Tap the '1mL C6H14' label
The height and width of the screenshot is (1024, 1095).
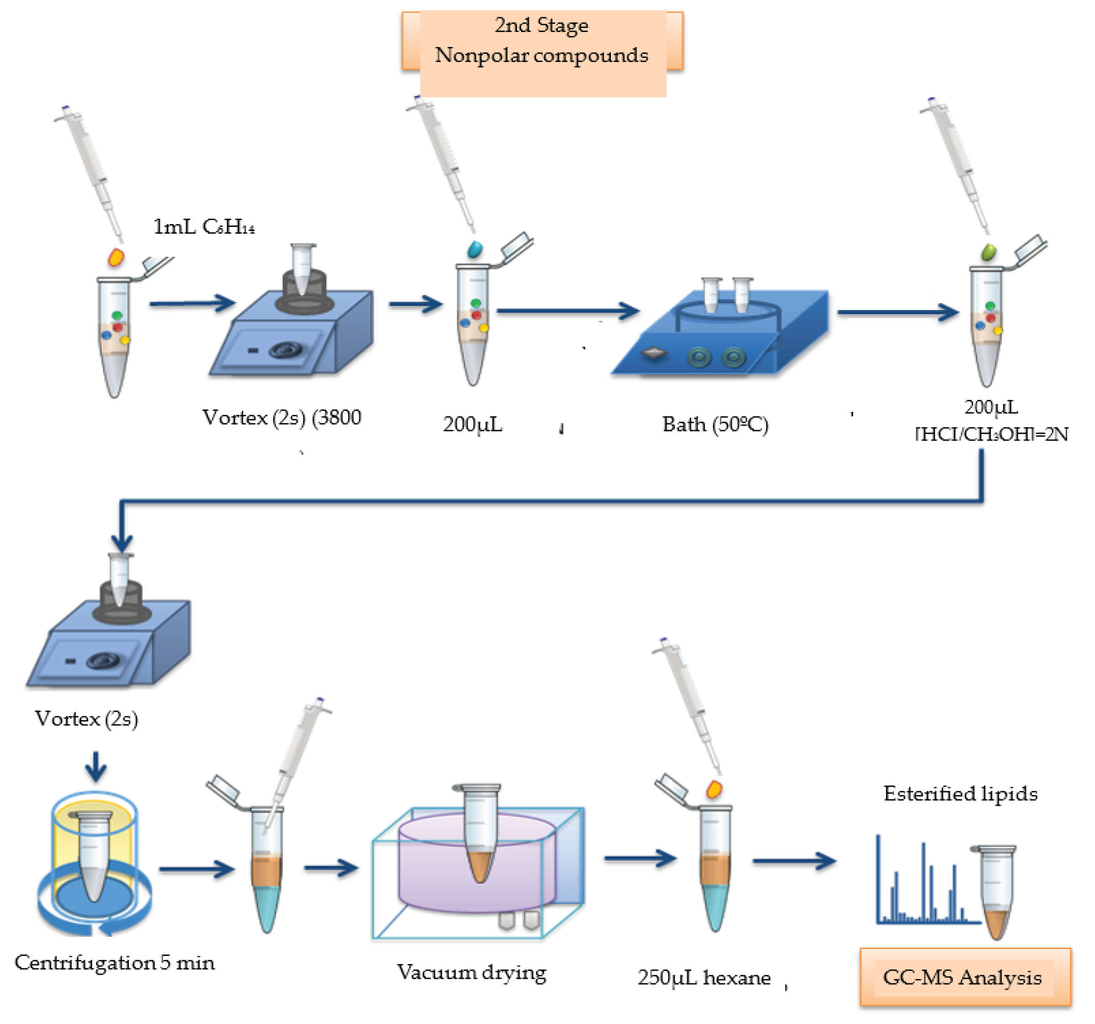coord(204,226)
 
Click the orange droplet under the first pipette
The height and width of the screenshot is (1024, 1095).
coord(116,257)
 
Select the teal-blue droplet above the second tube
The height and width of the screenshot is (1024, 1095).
coord(474,250)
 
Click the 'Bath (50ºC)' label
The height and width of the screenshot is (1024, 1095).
coord(715,425)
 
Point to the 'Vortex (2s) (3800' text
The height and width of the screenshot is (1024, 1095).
coord(282,417)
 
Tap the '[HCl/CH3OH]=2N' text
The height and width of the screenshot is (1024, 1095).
coord(991,434)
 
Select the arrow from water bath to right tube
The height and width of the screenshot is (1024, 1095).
coord(898,312)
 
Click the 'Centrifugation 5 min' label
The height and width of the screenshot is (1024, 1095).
coord(115,962)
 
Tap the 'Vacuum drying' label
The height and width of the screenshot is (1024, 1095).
coord(471,972)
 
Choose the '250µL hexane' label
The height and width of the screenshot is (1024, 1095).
coord(704,978)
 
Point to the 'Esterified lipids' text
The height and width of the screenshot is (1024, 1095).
coord(960,793)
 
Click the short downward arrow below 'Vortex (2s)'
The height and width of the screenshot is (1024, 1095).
coord(96,767)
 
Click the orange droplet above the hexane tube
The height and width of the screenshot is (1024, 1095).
coord(714,789)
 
